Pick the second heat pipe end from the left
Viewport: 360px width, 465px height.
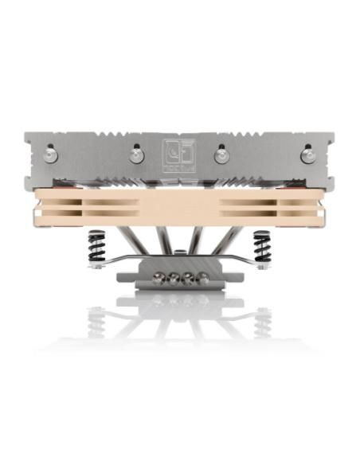[172, 279]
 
